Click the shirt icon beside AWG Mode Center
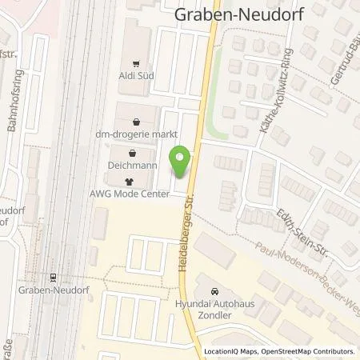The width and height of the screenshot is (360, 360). tap(129, 182)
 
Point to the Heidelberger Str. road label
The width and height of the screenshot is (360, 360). tap(181, 229)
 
